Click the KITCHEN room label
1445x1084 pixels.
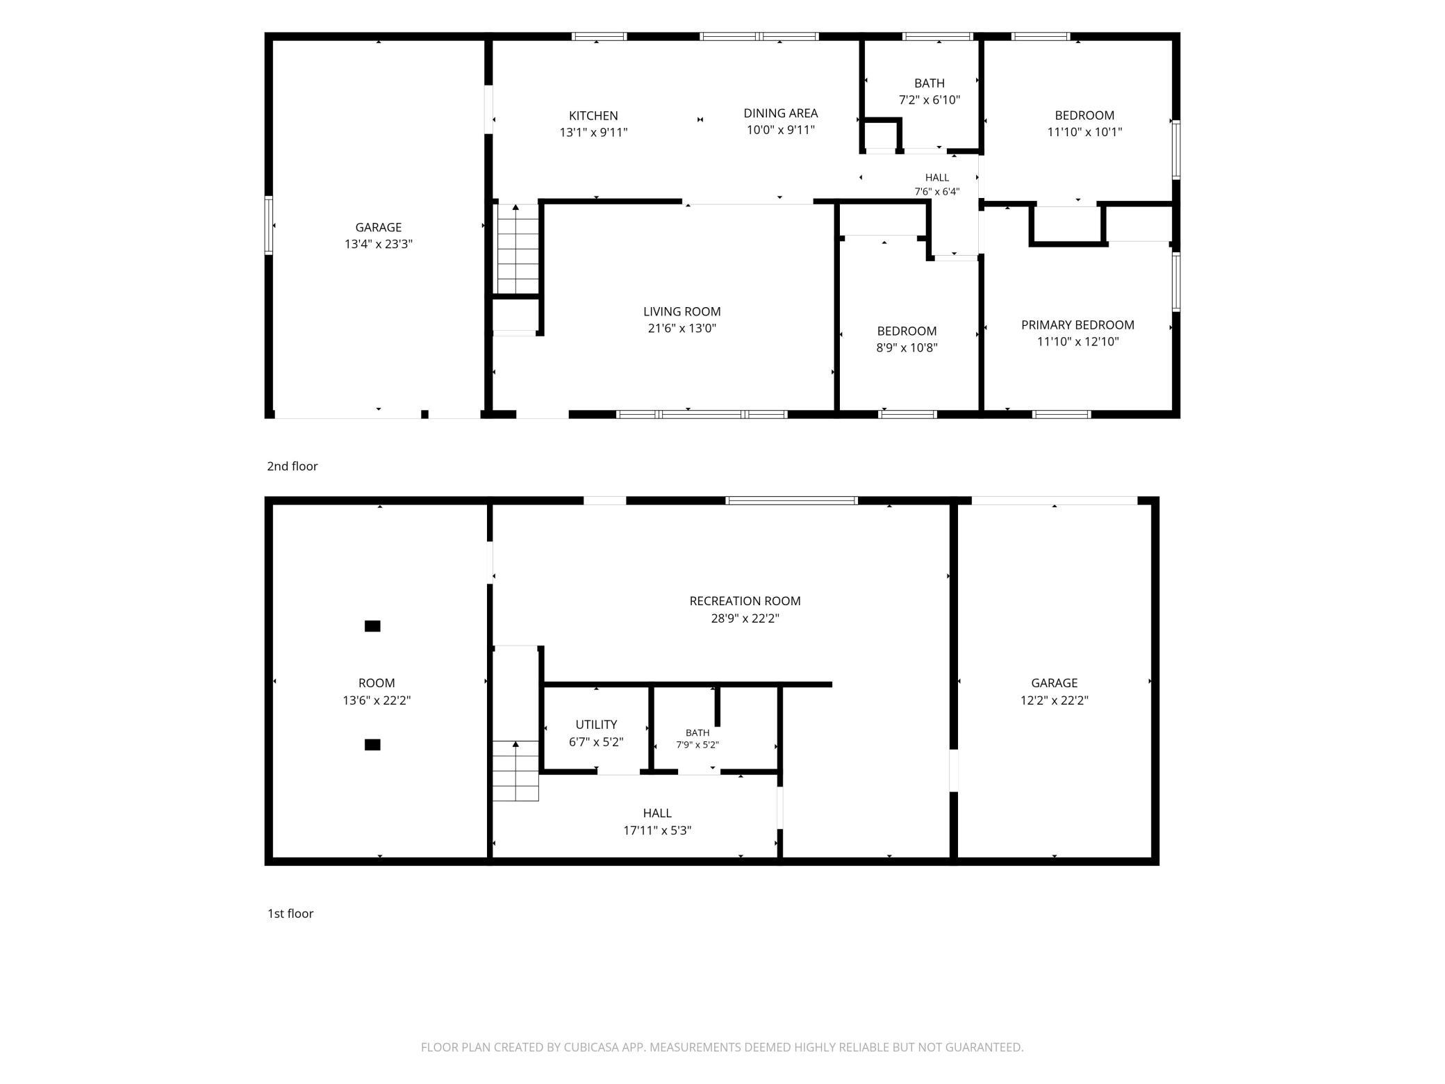[593, 115]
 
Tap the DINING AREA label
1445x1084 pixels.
[780, 113]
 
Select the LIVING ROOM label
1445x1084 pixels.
[682, 311]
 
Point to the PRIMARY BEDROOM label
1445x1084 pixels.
[1077, 325]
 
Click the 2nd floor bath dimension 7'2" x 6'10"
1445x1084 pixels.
[929, 99]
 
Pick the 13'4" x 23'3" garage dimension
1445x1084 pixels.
[379, 244]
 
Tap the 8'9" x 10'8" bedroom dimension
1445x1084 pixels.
[907, 347]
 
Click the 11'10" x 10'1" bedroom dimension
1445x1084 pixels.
[1084, 132]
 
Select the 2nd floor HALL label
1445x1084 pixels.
[937, 178]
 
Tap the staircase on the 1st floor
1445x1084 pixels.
[515, 771]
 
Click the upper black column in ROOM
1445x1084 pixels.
[372, 626]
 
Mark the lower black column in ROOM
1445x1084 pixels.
[372, 745]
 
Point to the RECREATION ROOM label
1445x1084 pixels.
[745, 601]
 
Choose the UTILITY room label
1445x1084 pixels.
[596, 725]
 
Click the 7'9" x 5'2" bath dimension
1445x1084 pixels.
[697, 745]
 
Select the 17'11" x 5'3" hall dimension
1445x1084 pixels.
[657, 830]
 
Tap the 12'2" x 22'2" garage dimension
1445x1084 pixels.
[1054, 700]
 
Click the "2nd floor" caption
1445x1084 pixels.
[292, 466]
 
